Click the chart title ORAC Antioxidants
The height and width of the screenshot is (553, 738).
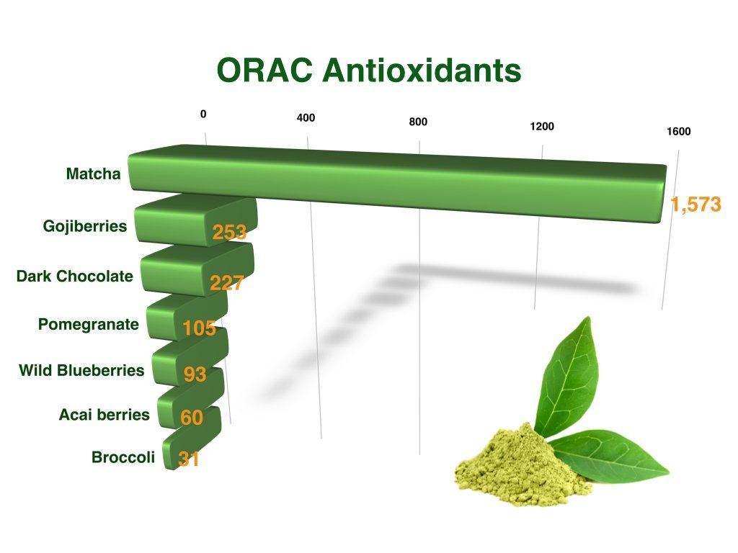[369, 71]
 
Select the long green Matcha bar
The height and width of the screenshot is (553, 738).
[398, 184]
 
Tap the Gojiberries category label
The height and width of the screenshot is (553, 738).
[85, 226]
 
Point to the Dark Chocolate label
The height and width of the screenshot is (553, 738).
[75, 276]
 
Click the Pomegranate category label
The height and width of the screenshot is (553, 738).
[89, 325]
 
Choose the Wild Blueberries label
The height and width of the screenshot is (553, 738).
[81, 370]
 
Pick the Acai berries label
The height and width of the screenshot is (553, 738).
[105, 415]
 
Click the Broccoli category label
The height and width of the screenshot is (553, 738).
[123, 457]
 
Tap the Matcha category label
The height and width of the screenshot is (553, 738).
[93, 174]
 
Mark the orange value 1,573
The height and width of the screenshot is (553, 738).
[695, 204]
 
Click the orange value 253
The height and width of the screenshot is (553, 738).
[229, 232]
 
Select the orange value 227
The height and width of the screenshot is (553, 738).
[226, 282]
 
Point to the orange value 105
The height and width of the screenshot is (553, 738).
[199, 328]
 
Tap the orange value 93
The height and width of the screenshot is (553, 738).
[195, 374]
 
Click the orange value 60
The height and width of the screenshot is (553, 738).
[192, 418]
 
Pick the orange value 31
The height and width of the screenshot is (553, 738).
[188, 459]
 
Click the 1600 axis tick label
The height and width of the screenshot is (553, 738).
[679, 132]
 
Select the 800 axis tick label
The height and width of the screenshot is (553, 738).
[418, 122]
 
